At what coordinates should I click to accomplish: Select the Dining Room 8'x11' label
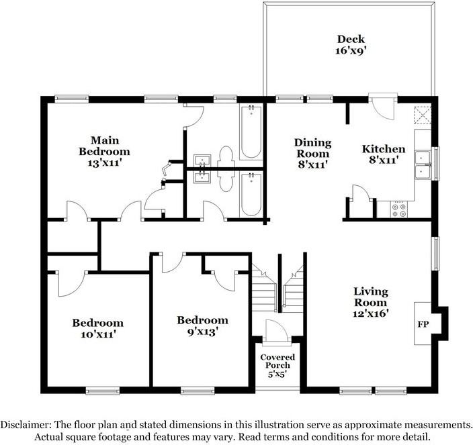click(313, 152)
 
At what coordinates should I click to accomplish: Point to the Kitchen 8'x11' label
click(384, 154)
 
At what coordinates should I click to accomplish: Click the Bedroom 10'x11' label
click(98, 328)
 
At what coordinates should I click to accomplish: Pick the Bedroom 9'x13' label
click(202, 325)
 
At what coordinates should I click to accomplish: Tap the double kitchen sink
click(423, 165)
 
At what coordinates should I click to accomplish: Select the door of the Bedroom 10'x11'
click(71, 282)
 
